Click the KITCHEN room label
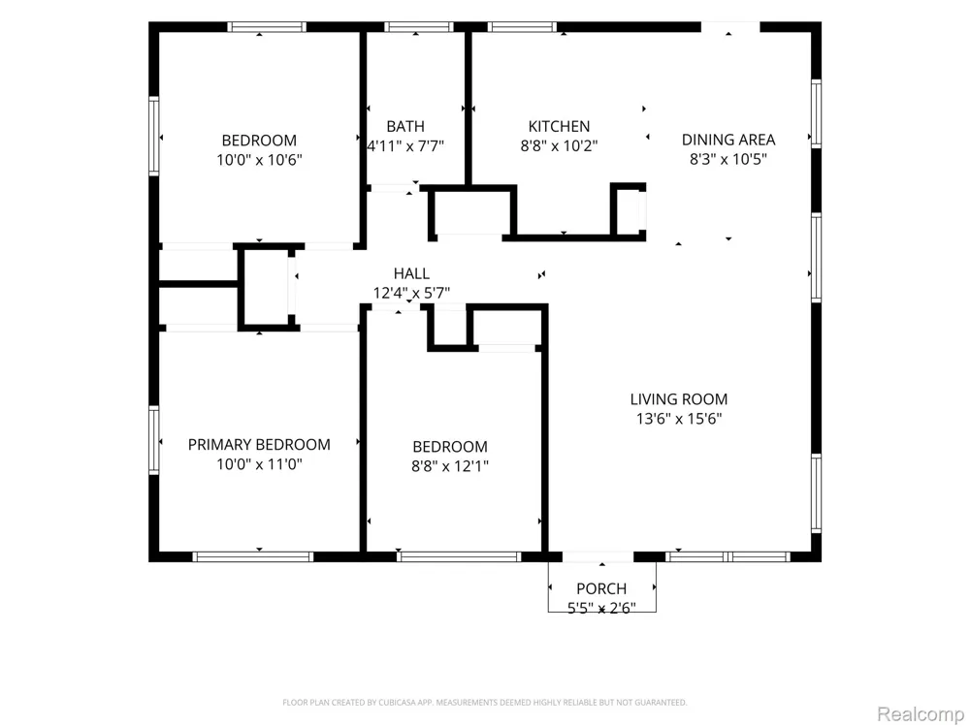pyautogui.click(x=559, y=126)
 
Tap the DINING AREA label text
pyautogui.click(x=728, y=140)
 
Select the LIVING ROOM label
pyautogui.click(x=679, y=399)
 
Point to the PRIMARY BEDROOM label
pyautogui.click(x=259, y=445)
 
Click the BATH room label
pyautogui.click(x=405, y=126)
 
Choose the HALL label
pyautogui.click(x=411, y=273)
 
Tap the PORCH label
pyautogui.click(x=601, y=588)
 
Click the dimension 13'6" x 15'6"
pyautogui.click(x=679, y=419)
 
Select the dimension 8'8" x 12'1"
pyautogui.click(x=450, y=466)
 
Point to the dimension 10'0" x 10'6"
pyautogui.click(x=259, y=160)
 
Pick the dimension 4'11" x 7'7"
pyautogui.click(x=405, y=146)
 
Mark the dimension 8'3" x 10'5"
pyautogui.click(x=728, y=160)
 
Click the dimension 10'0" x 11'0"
pyautogui.click(x=259, y=464)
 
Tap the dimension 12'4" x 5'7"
pyautogui.click(x=411, y=293)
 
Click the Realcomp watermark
pyautogui.click(x=921, y=714)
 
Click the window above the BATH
pyautogui.click(x=419, y=26)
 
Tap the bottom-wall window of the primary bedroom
pyautogui.click(x=253, y=557)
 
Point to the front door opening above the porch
pyautogui.click(x=598, y=557)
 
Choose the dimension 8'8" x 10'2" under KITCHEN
pyautogui.click(x=559, y=146)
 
